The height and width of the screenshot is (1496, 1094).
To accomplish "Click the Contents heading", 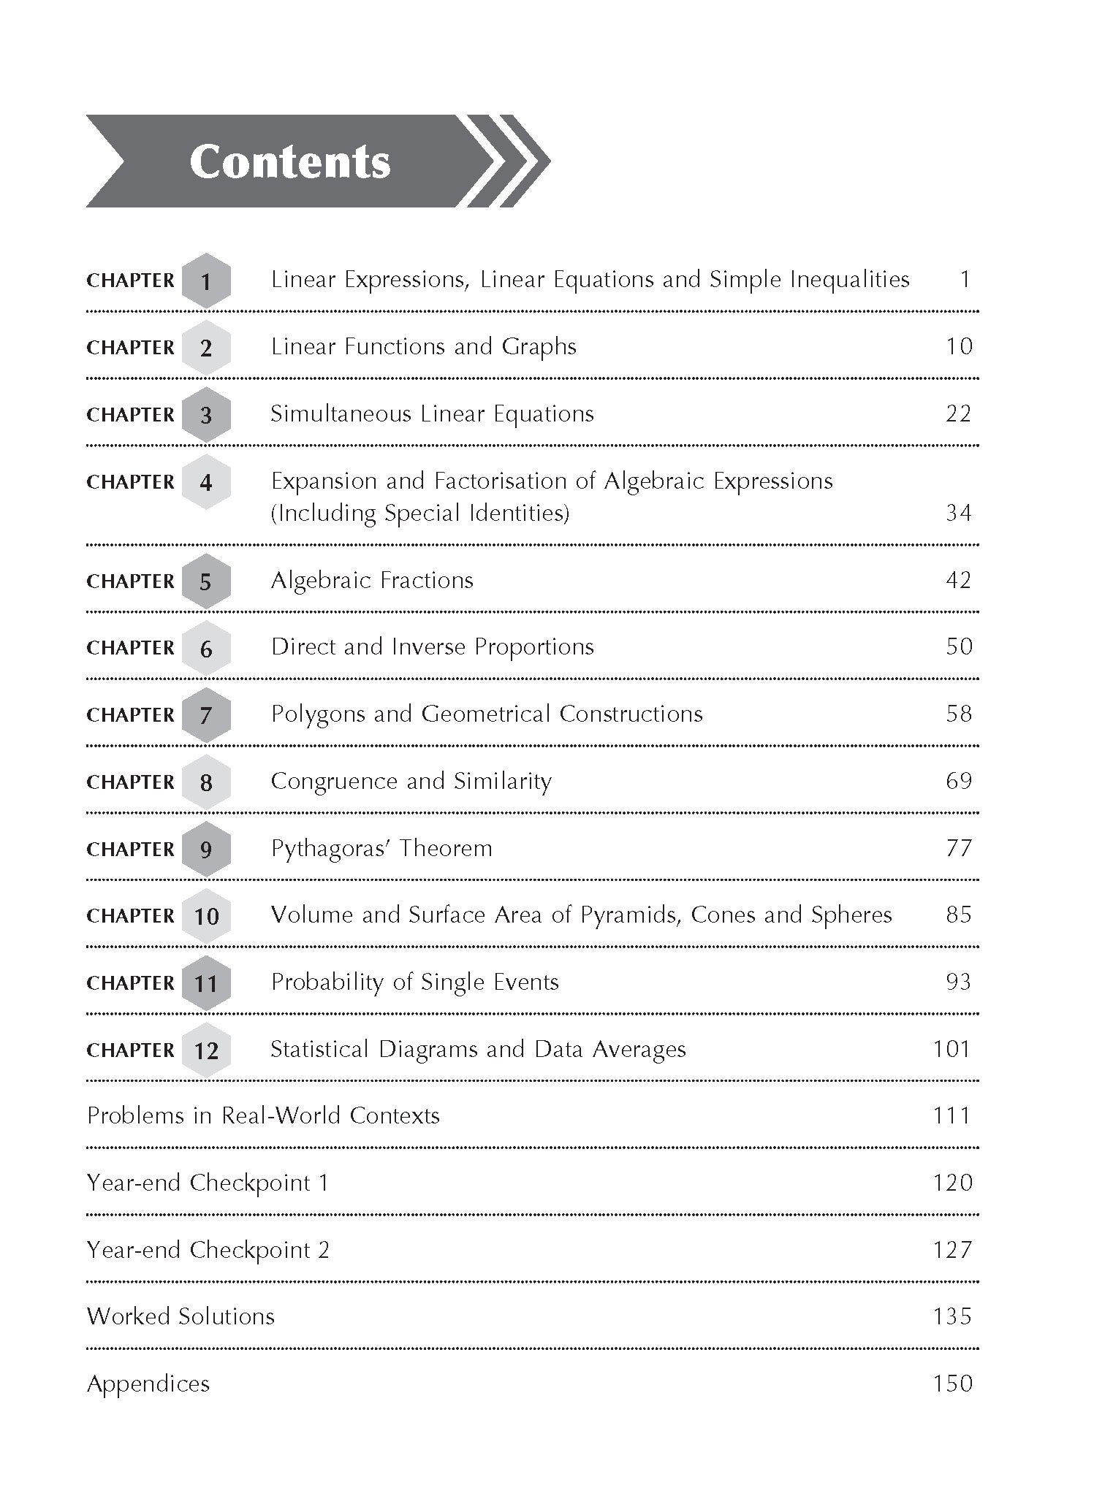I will [x=289, y=161].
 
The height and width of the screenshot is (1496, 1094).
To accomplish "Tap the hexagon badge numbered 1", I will [x=206, y=280].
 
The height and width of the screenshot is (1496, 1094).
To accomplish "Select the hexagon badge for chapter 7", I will [x=206, y=715].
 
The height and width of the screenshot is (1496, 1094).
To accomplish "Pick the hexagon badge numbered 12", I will [x=206, y=1050].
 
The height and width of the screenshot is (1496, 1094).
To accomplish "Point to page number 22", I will [x=958, y=414].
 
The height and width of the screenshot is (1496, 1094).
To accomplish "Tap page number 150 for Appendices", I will [x=952, y=1384].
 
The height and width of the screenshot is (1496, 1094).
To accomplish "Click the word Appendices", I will [x=148, y=1384].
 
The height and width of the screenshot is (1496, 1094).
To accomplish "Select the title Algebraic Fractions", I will [x=372, y=581].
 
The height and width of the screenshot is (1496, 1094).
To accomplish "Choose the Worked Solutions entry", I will [x=181, y=1316].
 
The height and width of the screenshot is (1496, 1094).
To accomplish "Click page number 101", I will [x=951, y=1050].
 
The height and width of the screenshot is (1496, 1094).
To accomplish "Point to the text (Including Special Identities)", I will [x=419, y=514].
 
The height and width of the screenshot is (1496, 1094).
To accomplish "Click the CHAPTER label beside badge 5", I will [x=131, y=581].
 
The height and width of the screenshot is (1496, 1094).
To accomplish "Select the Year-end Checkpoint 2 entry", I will [x=208, y=1250].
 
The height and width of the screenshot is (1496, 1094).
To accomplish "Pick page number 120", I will [x=952, y=1183].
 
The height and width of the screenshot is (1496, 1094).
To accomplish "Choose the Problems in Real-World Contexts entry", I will [x=263, y=1115].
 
